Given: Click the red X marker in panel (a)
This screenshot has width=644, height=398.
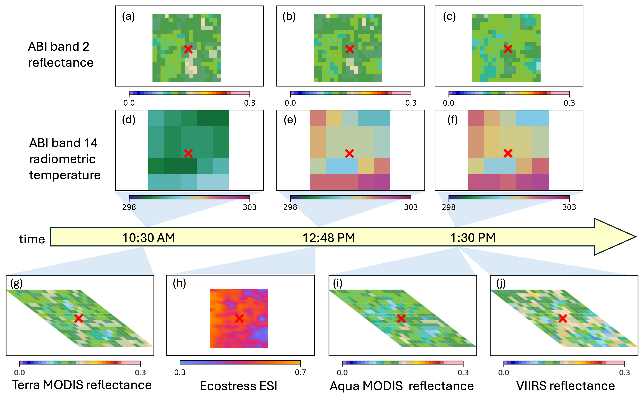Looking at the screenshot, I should (x=188, y=49).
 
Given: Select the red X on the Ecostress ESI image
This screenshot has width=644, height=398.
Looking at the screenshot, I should (x=239, y=318).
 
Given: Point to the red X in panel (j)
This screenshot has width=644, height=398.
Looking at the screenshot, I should (x=563, y=318).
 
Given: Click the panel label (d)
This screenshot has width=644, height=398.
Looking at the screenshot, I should (x=128, y=120).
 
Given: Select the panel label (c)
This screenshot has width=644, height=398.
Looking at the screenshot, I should (x=449, y=16).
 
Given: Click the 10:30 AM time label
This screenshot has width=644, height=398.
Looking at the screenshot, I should (x=149, y=238).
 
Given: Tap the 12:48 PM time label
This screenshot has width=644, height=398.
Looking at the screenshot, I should (x=329, y=238).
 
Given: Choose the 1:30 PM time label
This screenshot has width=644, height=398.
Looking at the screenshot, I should (x=473, y=238).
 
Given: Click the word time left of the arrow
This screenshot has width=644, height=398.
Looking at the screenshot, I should (x=32, y=239).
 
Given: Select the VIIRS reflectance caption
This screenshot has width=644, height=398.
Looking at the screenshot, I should (x=565, y=386).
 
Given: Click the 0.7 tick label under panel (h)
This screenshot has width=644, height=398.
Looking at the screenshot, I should (x=300, y=372).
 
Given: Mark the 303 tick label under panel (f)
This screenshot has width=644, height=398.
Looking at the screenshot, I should (x=569, y=207).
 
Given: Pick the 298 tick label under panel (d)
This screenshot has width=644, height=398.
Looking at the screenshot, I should (x=129, y=207).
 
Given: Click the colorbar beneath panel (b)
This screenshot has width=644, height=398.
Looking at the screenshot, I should (x=350, y=93).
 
